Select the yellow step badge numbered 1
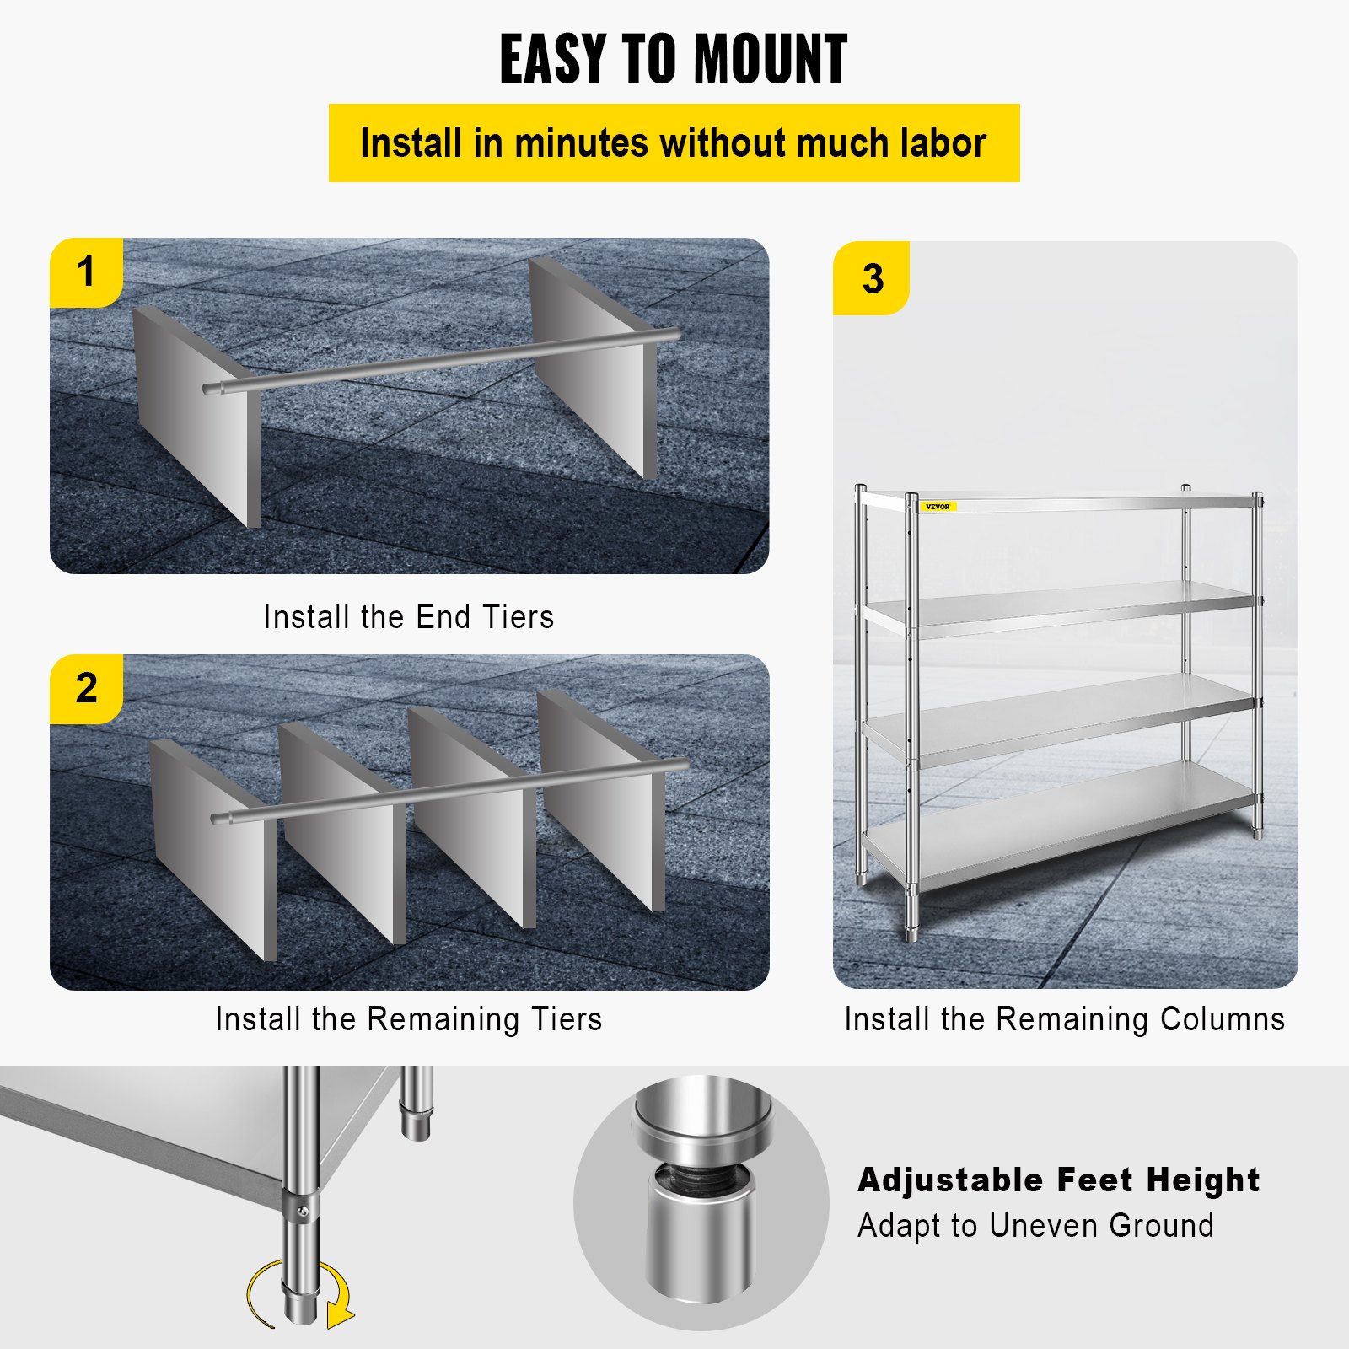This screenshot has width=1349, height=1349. tap(86, 272)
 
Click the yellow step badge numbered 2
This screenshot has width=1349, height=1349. tap(86, 689)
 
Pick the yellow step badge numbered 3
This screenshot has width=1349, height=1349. tap(872, 279)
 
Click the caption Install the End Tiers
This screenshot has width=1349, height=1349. tap(408, 617)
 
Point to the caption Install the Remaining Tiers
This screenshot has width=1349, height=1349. tap(408, 1019)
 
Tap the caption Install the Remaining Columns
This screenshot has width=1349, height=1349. tap(1064, 1019)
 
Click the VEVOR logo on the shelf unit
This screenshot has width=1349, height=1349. tap(937, 507)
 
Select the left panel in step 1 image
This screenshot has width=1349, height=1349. tap(194, 422)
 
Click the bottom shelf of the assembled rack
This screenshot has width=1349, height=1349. tap(1062, 826)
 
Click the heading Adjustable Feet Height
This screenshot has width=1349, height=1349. tap(1058, 1180)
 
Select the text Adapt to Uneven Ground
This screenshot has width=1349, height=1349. tap(1035, 1226)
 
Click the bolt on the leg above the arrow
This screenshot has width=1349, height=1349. tap(302, 1212)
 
